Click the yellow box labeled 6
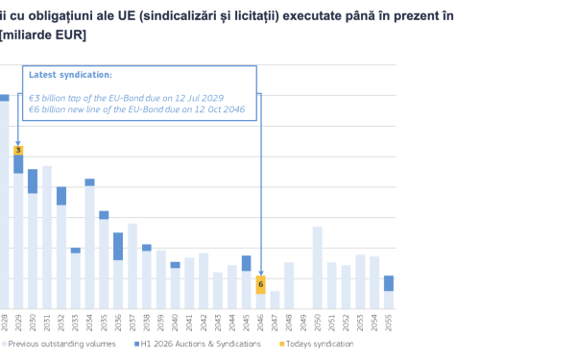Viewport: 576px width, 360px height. click(x=260, y=284)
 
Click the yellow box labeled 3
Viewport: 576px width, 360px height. click(x=18, y=151)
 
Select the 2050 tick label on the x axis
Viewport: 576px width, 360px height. click(x=318, y=322)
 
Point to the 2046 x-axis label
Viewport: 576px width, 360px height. click(x=260, y=322)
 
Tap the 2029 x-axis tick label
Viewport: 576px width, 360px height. click(x=18, y=322)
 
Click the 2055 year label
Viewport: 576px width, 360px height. click(x=389, y=322)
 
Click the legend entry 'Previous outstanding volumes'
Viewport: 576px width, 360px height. click(x=62, y=344)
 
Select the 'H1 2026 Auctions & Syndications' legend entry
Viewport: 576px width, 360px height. click(x=198, y=344)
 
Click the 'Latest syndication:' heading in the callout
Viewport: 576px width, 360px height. click(x=70, y=74)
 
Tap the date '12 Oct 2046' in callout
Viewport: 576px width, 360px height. click(x=221, y=108)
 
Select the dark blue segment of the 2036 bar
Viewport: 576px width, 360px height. click(x=118, y=246)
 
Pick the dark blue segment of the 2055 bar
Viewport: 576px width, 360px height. click(x=389, y=283)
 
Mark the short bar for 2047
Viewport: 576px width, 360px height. click(x=275, y=299)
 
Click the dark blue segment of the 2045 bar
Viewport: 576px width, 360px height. click(x=246, y=263)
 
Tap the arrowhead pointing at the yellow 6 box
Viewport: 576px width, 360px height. click(x=260, y=274)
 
